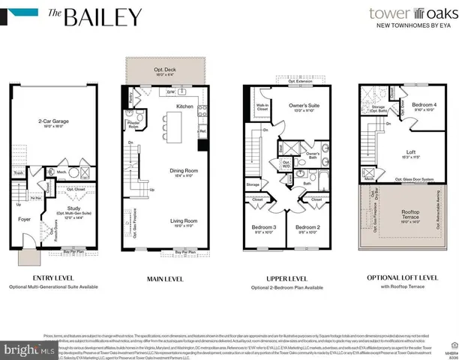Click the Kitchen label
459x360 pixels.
click(x=185, y=107)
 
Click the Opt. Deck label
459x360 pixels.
click(x=163, y=72)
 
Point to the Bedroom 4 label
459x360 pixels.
click(x=424, y=106)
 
